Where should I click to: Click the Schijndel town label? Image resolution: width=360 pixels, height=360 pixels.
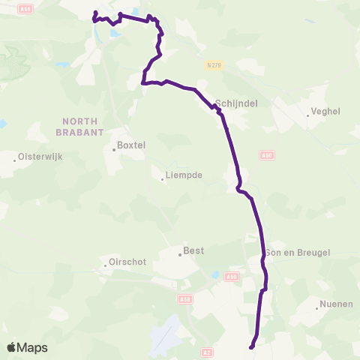[x=236, y=105]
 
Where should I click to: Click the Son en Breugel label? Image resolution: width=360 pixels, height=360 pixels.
[x=298, y=253]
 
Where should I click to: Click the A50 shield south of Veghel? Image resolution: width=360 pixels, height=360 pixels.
[x=267, y=155]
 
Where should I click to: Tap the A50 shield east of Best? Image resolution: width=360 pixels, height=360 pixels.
[x=232, y=276]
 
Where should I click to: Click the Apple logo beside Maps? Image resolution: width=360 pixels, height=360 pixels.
[x=12, y=347]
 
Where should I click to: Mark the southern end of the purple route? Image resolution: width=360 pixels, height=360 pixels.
[x=251, y=346]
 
